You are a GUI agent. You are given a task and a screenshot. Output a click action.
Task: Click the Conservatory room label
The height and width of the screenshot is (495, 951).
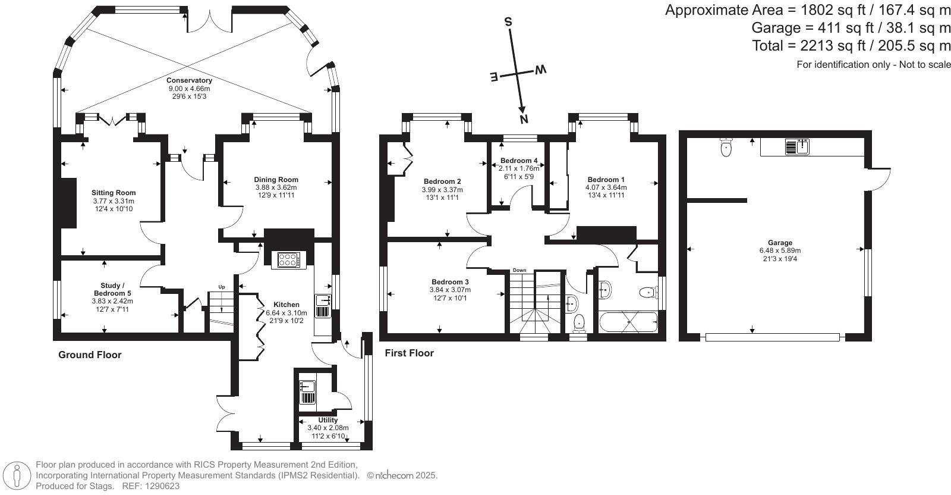(189, 80)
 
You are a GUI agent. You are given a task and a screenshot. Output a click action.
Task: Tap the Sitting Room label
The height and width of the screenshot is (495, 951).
(114, 193)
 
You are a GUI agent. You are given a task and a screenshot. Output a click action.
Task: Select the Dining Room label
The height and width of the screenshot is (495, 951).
(276, 180)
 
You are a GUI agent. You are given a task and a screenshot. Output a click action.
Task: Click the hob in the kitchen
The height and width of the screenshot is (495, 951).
(289, 260)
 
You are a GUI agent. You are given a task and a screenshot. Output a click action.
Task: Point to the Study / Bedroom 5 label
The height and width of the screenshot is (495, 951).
(112, 289)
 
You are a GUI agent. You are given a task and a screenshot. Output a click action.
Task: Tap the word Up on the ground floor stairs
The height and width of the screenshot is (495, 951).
(222, 287)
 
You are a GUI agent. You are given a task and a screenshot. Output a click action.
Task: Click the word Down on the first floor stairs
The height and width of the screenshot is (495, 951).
(519, 270)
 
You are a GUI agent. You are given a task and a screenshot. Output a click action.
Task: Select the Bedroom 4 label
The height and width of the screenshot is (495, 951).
(519, 161)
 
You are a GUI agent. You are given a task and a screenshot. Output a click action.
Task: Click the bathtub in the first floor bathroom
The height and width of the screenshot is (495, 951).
(628, 322)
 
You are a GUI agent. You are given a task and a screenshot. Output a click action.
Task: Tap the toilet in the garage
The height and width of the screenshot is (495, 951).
(726, 147)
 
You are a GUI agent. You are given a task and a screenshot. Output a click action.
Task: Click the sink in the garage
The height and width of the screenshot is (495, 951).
(797, 146)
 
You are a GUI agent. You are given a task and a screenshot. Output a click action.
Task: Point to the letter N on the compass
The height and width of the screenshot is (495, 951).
(524, 120)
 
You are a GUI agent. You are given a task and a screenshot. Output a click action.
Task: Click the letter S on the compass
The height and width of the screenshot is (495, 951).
(508, 21)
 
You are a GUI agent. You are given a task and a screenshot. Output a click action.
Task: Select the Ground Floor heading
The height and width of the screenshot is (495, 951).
(90, 355)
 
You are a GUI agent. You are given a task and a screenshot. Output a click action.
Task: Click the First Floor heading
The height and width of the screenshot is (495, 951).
(410, 353)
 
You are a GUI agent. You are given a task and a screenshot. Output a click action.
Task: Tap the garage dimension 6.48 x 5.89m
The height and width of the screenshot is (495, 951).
(780, 250)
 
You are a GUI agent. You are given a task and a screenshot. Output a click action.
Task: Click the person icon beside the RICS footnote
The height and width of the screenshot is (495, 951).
(17, 476)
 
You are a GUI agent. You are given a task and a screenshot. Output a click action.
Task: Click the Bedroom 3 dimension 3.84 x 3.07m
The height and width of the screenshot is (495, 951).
(450, 290)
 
